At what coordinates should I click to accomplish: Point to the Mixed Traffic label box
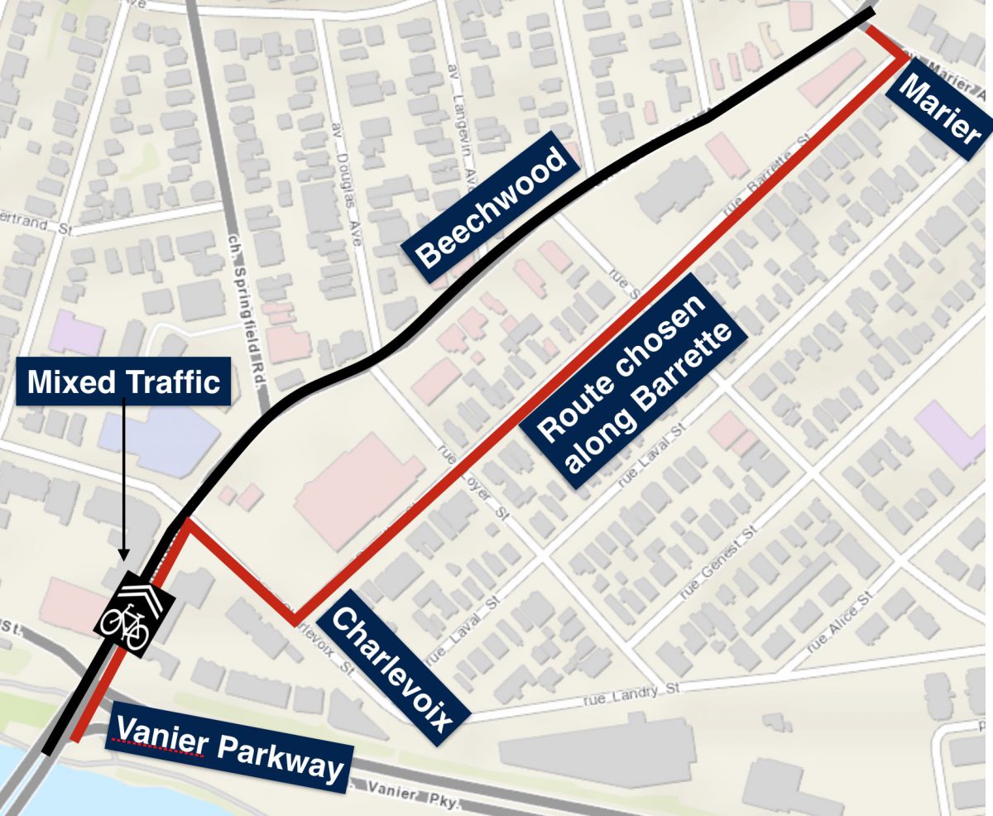pos(123,382)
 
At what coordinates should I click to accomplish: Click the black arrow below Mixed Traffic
pos(123,480)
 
